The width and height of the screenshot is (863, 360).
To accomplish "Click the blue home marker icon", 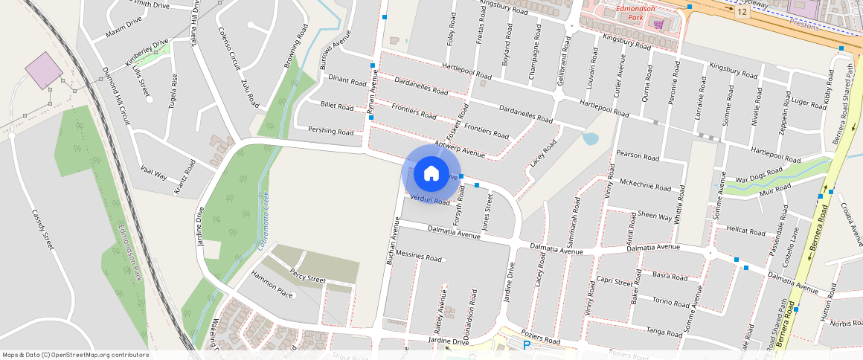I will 431,174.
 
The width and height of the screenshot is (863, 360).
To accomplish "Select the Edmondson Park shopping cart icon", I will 658,24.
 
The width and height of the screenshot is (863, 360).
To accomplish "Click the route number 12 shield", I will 742,12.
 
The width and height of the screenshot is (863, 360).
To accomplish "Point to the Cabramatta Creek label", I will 263,221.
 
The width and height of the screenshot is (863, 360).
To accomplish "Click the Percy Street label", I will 308,275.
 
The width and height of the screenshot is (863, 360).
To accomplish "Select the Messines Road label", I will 419,257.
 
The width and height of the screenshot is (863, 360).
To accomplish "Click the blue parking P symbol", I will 527,345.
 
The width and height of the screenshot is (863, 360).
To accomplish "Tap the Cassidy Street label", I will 43,229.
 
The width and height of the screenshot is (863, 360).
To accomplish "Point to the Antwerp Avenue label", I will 458,150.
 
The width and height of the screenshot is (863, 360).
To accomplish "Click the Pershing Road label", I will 331,131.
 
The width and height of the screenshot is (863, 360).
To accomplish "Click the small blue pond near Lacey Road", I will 591,138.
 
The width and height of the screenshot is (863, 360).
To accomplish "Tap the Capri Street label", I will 615,281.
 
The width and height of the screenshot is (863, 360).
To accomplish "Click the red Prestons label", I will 803,25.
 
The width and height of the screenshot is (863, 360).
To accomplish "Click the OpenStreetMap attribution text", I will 75,355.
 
